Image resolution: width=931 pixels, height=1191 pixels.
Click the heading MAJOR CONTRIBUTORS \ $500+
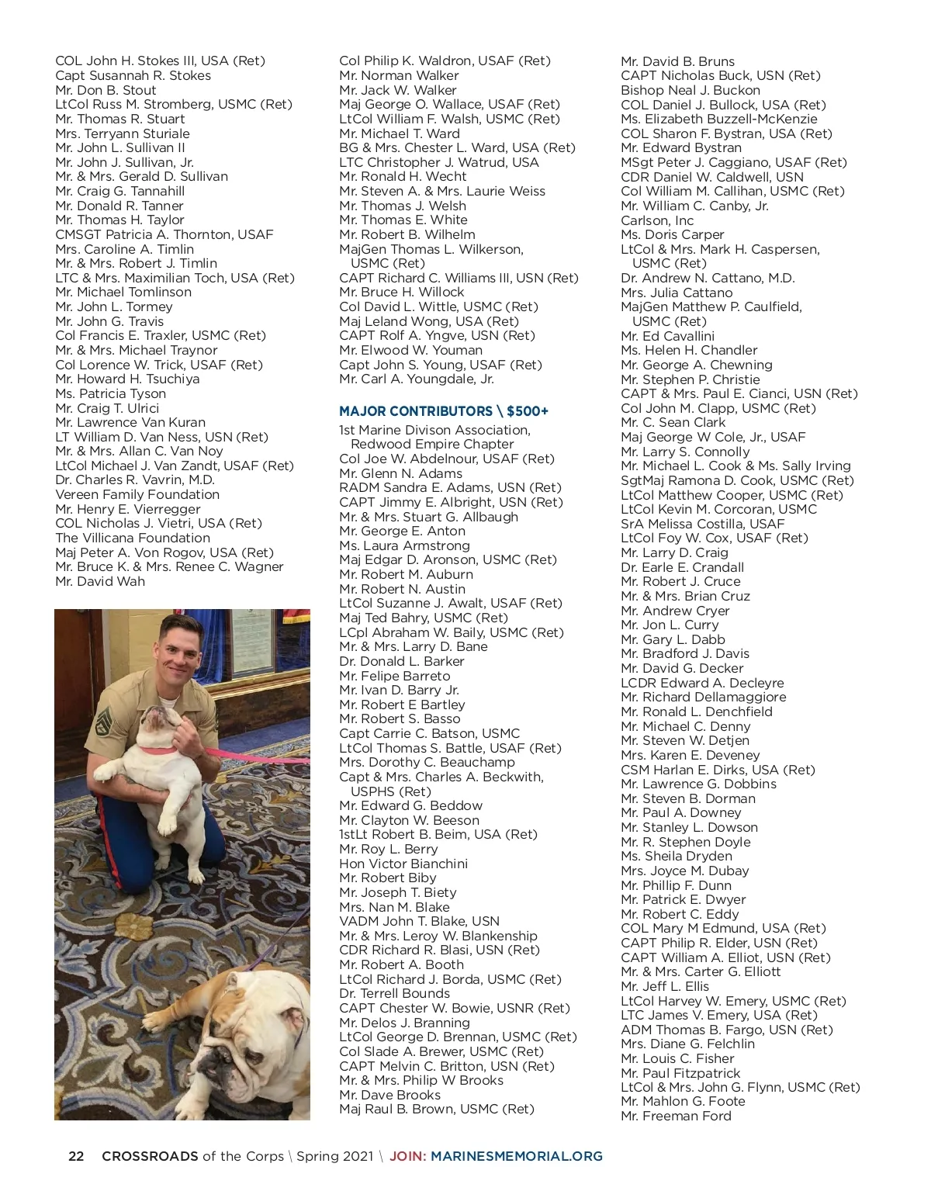coord(444,411)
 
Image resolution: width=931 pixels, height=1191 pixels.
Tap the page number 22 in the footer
coord(76,1156)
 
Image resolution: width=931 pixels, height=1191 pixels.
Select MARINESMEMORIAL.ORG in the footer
coord(517,1156)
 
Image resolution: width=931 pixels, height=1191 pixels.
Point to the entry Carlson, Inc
coord(657,220)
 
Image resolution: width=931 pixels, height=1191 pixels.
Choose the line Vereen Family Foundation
coord(137,494)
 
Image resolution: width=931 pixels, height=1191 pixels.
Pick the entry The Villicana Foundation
coord(133,538)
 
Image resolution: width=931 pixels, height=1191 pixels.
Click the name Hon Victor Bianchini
coord(403,864)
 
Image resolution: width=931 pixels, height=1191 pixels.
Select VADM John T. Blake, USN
coord(419,921)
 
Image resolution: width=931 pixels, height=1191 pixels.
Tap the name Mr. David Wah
coord(100,581)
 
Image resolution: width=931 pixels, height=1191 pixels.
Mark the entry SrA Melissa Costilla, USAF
coord(702,524)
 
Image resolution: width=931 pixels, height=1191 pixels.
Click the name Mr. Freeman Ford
coord(676,1116)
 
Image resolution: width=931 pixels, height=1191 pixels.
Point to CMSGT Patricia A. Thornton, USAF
coord(164,234)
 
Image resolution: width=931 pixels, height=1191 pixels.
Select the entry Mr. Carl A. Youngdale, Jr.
coord(417,379)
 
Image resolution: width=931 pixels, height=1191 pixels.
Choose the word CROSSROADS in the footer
coord(150,1156)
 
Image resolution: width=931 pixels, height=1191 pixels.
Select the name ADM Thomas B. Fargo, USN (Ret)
coord(727,1030)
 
